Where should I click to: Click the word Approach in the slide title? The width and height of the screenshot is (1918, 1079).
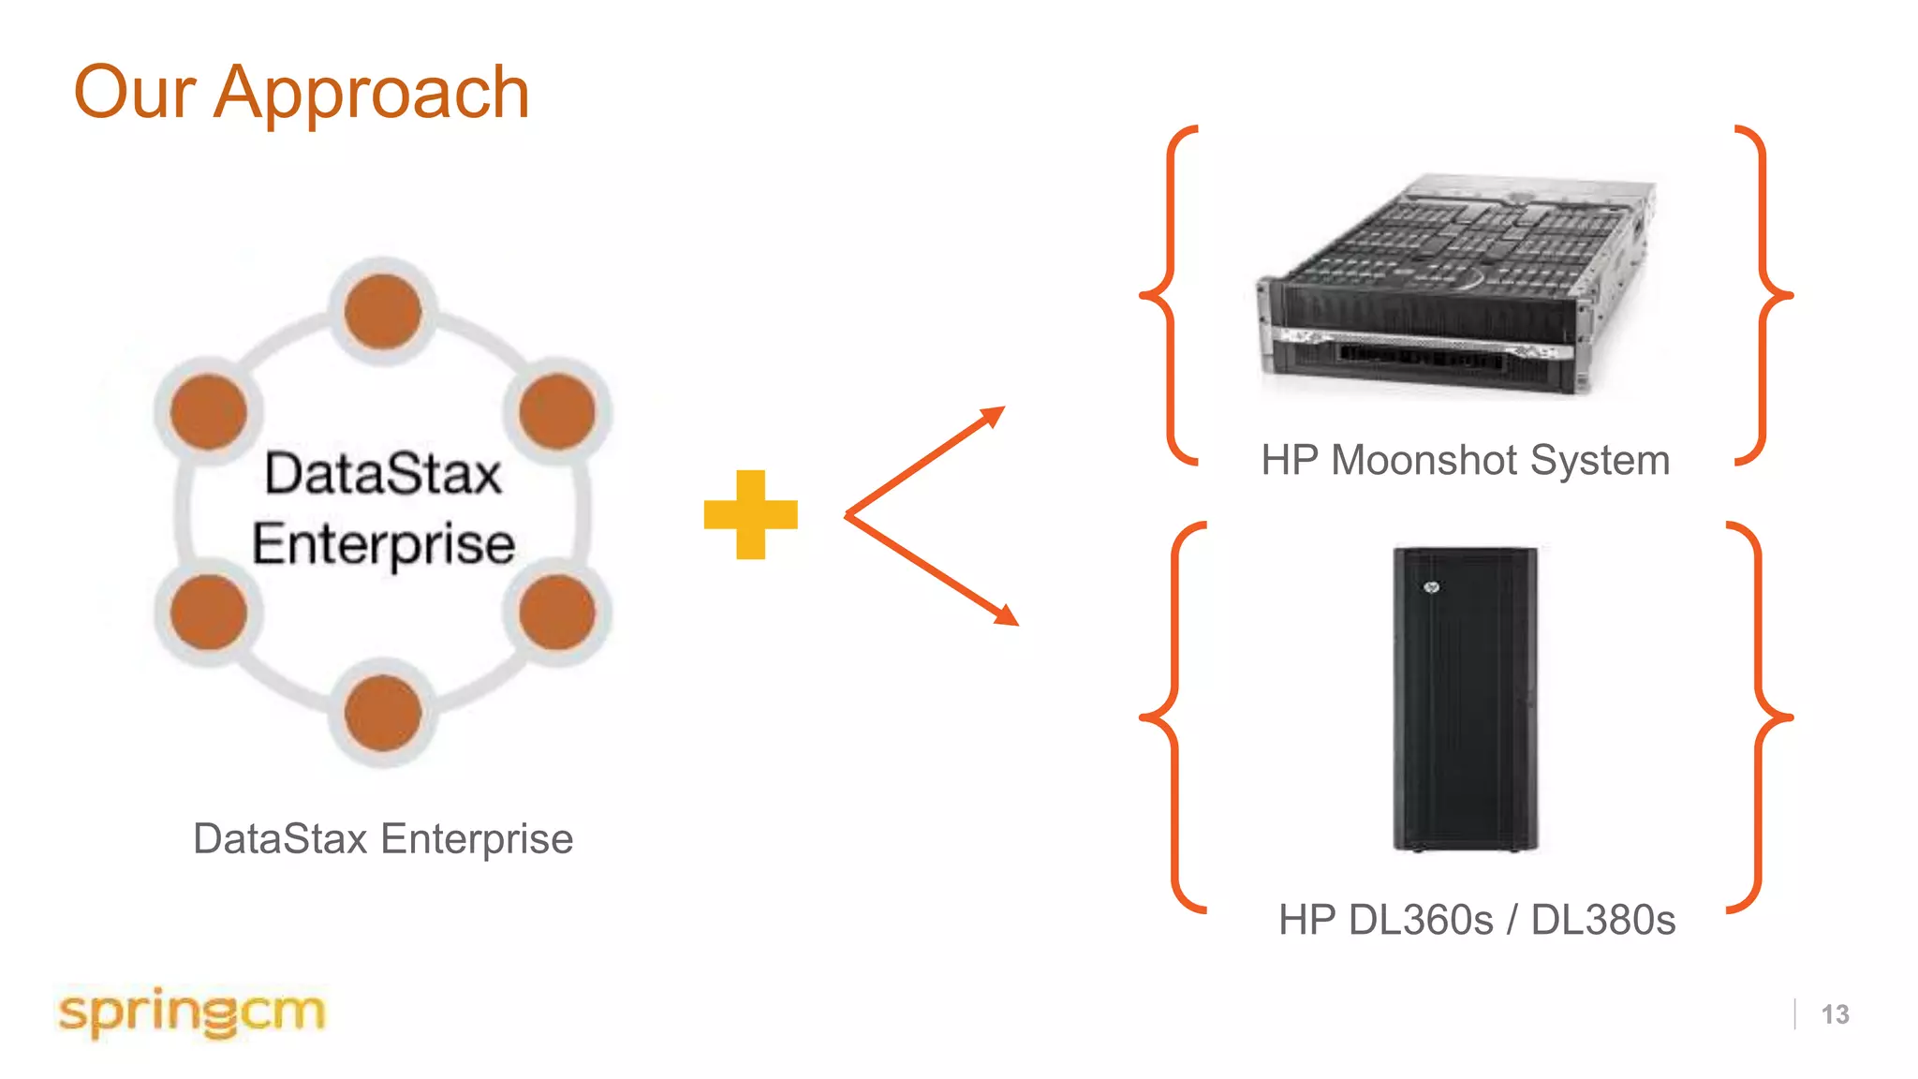point(372,94)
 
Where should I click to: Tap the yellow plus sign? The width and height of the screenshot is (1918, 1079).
point(750,514)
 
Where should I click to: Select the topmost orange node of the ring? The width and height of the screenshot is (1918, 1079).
point(382,311)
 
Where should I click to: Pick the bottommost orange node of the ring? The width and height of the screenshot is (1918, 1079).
point(382,713)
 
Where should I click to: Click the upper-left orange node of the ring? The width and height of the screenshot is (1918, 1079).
point(208,411)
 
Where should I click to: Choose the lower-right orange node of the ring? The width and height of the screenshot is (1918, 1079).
point(557,612)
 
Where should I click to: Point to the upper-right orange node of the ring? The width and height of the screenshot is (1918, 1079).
point(557,411)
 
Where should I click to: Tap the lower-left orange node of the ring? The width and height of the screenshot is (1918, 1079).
point(208,612)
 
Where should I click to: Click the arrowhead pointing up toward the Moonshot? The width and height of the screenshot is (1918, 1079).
point(995,414)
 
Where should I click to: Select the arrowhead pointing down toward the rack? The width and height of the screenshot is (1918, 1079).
point(1008,616)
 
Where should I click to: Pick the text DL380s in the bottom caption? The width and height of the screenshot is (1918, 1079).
point(1602,921)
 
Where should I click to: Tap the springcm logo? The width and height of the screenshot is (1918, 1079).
point(192,1012)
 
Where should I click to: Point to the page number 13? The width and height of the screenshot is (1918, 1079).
point(1835,1014)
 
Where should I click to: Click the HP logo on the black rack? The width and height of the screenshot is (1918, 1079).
point(1431,587)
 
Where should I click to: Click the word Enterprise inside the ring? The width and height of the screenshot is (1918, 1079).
point(383,544)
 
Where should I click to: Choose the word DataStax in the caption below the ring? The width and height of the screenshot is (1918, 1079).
point(280,839)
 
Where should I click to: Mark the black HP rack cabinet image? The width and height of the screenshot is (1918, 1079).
point(1465,699)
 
